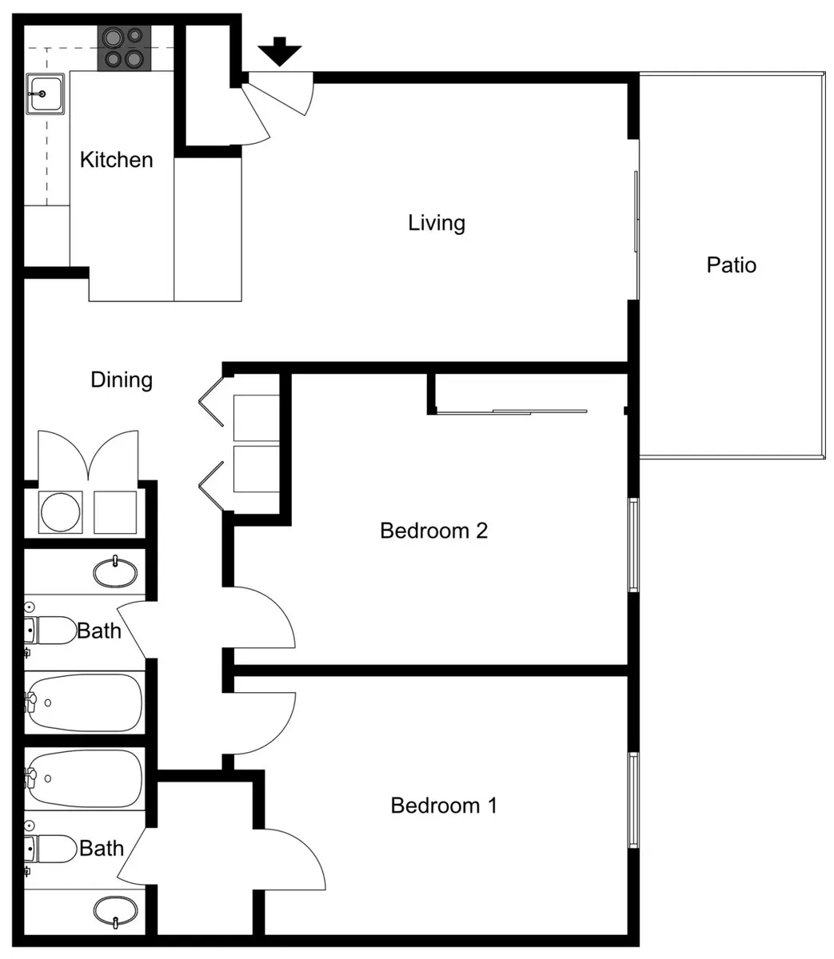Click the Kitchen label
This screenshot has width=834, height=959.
[116, 160]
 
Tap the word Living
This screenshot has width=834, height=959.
[436, 223]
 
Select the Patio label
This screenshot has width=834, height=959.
[731, 265]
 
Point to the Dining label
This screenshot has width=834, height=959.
[122, 380]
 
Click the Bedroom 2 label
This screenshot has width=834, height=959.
[433, 531]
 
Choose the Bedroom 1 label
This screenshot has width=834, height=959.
[444, 806]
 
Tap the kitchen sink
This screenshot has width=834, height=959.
[45, 94]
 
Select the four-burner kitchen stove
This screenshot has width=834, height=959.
[124, 48]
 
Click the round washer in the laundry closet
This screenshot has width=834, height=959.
[61, 512]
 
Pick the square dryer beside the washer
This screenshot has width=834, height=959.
[115, 512]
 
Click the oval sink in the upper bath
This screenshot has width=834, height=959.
[115, 572]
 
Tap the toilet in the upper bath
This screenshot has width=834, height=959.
[50, 631]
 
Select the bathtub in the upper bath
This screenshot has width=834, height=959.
[84, 703]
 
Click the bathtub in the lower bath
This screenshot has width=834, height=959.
[84, 779]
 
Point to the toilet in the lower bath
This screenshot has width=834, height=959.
[50, 849]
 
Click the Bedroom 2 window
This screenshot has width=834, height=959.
[632, 545]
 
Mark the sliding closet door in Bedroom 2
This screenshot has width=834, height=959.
[512, 412]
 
